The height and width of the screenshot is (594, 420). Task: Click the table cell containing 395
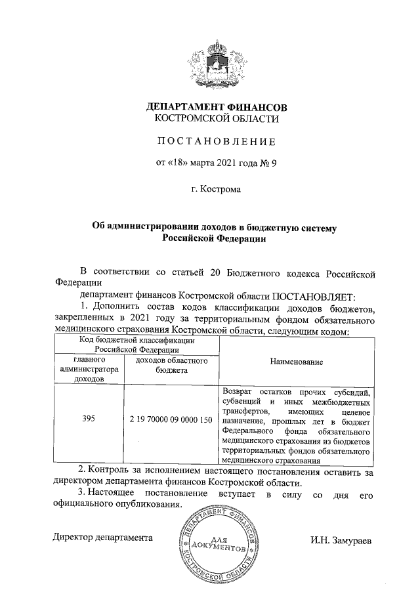[x=89, y=419]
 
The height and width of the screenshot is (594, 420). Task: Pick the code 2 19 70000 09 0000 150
[x=170, y=419]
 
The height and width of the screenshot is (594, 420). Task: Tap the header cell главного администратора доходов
[x=89, y=370]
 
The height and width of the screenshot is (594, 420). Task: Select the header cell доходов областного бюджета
[x=170, y=366]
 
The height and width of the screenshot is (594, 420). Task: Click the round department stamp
[x=215, y=541]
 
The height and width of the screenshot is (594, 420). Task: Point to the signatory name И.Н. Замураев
[x=341, y=540]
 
